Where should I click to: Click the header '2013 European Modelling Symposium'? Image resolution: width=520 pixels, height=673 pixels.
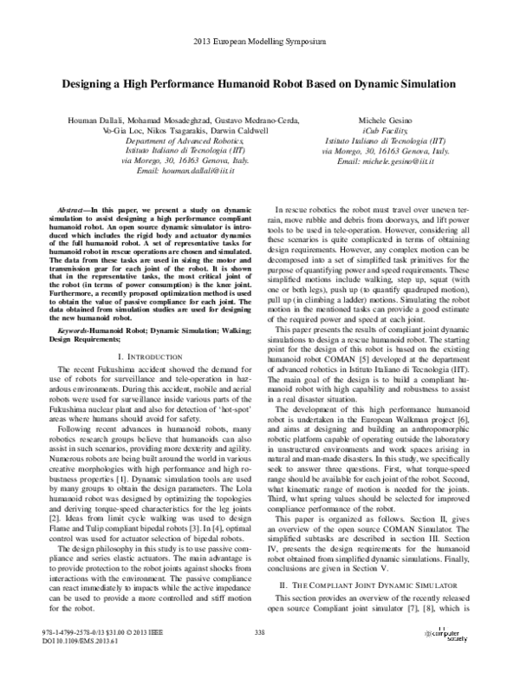click(x=260, y=41)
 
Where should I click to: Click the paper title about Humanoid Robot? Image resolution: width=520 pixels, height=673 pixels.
click(x=260, y=88)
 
